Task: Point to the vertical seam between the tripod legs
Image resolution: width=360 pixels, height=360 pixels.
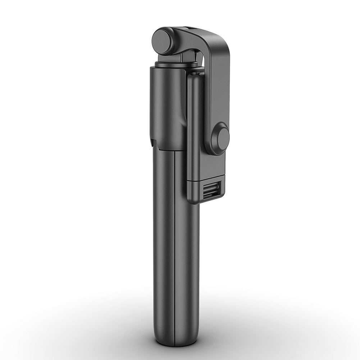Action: click(175, 245)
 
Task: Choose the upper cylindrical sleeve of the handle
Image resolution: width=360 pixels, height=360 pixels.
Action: click(167, 104)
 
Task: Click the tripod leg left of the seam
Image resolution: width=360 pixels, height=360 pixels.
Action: click(164, 245)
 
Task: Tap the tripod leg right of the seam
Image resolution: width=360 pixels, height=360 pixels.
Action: click(187, 252)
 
